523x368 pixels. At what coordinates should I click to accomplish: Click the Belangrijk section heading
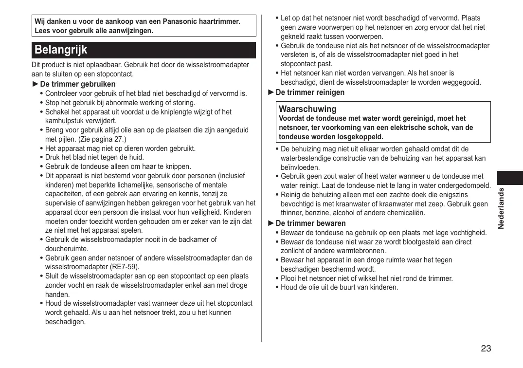click(x=61, y=50)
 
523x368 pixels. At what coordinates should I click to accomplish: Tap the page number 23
click(x=486, y=349)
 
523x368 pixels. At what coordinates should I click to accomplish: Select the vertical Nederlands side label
click(x=502, y=208)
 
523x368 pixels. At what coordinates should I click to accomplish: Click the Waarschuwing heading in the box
click(x=307, y=109)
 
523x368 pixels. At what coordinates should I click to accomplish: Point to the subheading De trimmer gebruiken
click(x=78, y=84)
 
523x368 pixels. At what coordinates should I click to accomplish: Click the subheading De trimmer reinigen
click(x=310, y=92)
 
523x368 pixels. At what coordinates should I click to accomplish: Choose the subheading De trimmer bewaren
click(x=310, y=223)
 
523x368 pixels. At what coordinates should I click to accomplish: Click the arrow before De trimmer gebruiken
click(x=35, y=84)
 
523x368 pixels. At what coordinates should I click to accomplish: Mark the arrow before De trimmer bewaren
click(x=271, y=223)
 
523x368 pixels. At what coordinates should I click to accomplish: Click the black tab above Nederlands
click(x=510, y=178)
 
